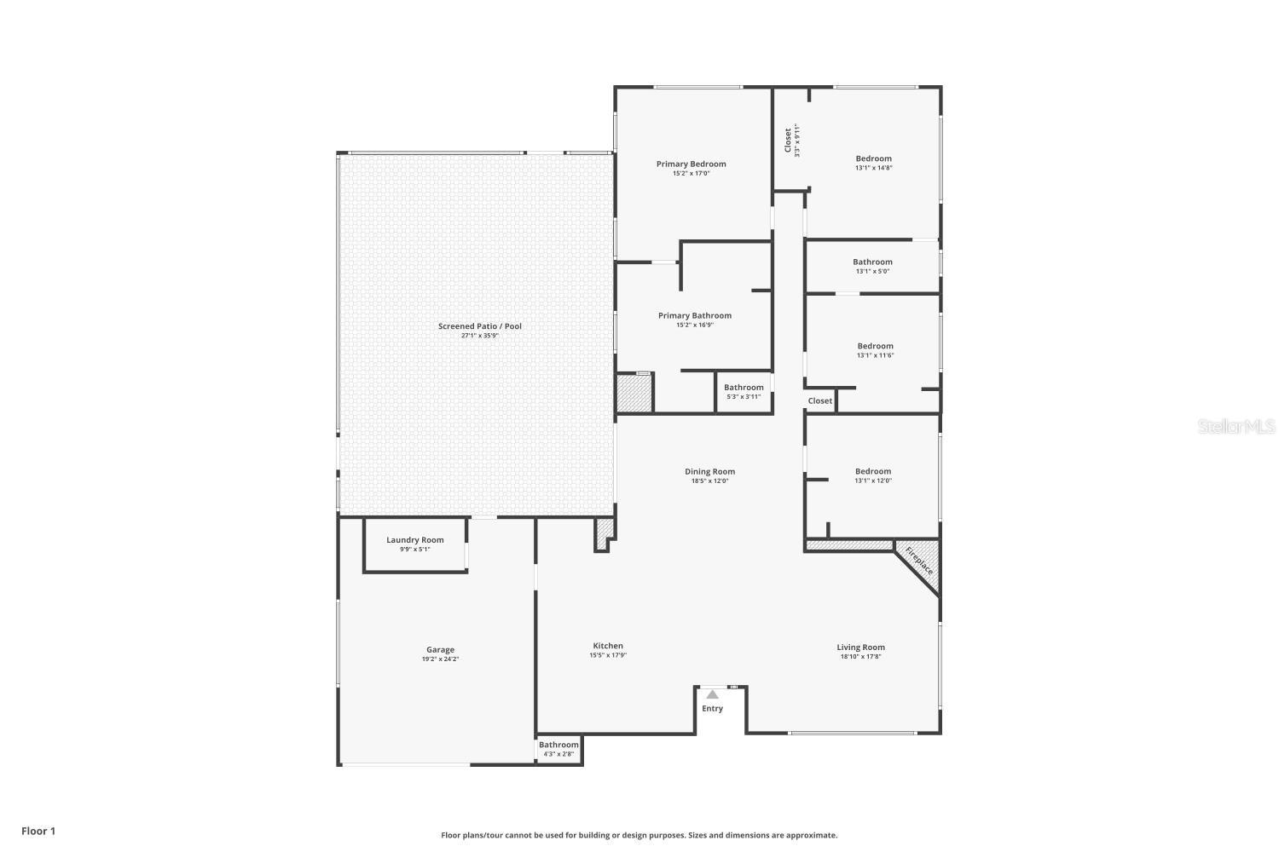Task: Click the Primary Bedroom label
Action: click(x=691, y=164)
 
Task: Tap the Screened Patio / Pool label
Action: click(x=479, y=326)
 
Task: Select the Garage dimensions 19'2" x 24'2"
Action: click(x=440, y=659)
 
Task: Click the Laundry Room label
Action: click(x=414, y=540)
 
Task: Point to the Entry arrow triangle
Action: click(x=712, y=694)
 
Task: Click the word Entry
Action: click(x=712, y=709)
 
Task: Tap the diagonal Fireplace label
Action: click(x=919, y=561)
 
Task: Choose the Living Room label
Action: click(x=860, y=648)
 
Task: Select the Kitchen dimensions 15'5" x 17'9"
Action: click(x=608, y=655)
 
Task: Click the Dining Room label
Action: click(x=709, y=471)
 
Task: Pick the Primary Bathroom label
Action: click(x=694, y=315)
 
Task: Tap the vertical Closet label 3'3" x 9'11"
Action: click(x=791, y=141)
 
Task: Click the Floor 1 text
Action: click(x=38, y=831)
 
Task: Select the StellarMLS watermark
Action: click(x=1236, y=426)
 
